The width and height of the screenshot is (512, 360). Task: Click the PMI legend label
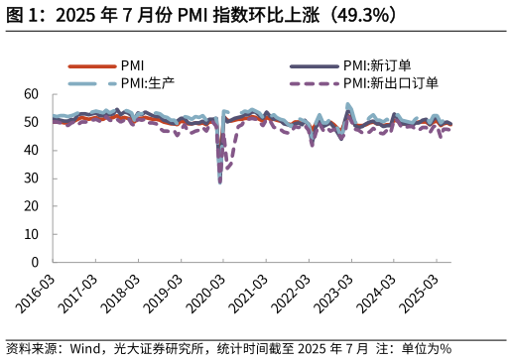(132, 65)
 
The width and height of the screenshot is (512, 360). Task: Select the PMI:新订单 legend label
(376, 65)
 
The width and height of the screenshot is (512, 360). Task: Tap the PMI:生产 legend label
(147, 83)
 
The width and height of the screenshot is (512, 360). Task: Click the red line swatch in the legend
(91, 65)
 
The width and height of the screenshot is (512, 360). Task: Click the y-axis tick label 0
(35, 262)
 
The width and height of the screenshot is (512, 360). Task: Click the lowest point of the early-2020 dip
(220, 182)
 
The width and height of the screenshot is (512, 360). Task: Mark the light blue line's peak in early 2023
(348, 104)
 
